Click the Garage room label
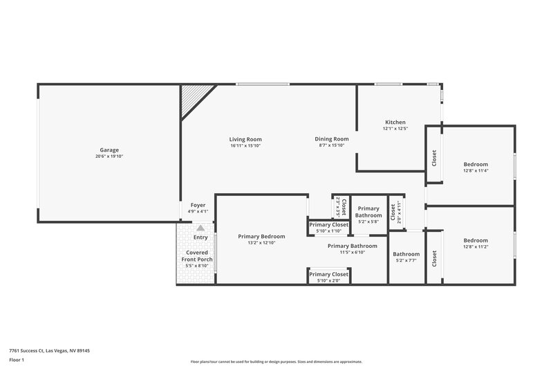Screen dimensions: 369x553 109,150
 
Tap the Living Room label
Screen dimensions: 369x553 245,139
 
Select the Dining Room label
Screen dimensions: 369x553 332,139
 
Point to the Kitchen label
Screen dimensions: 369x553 395,122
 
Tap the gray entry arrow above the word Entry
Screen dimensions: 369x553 200,227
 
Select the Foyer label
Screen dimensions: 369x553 198,205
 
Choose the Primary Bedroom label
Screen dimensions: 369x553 261,236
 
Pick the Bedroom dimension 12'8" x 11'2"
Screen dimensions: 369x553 476,247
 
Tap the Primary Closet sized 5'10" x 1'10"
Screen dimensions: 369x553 328,231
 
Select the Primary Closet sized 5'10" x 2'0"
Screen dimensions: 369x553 328,280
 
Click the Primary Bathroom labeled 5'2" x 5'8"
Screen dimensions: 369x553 368,222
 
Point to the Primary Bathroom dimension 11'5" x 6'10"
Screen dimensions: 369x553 353,252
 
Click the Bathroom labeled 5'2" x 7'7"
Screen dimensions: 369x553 406,261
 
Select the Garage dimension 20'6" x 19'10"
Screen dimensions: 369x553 109,156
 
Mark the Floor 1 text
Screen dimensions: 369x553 17,360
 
